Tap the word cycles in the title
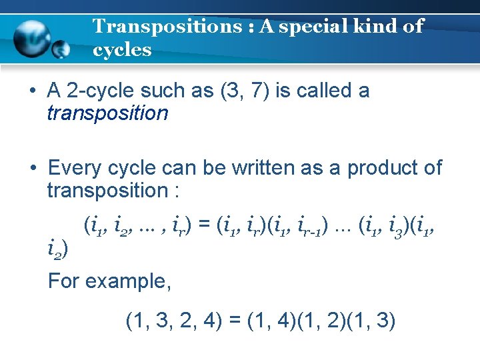point(122,50)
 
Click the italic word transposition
point(107,113)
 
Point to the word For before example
point(63,281)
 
